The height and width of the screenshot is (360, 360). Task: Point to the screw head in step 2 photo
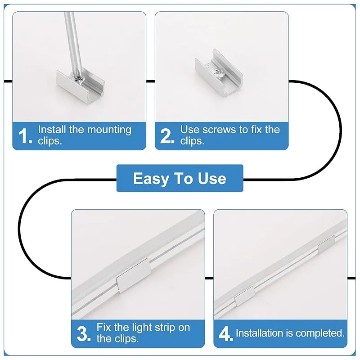[218, 73]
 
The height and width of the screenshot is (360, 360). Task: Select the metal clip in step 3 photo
[133, 275]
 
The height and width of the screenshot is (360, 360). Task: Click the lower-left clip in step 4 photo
[245, 296]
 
